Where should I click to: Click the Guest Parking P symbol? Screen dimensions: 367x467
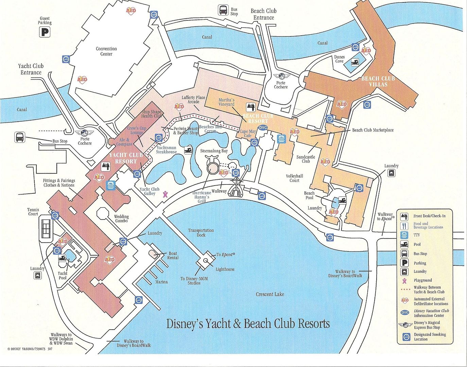tap(45, 32)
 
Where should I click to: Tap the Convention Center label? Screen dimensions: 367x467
tap(106, 51)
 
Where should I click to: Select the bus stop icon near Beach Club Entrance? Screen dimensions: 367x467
tap(223, 10)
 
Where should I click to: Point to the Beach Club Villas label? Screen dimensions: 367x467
tap(378, 81)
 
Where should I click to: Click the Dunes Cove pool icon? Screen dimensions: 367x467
tap(355, 62)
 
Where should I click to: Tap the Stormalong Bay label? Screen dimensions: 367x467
tap(214, 151)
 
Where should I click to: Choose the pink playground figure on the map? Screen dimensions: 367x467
tap(165, 194)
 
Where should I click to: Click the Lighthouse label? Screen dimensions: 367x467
tap(225, 269)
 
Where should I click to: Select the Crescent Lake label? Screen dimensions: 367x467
tap(270, 294)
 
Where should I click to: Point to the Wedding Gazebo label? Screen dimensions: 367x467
tap(121, 219)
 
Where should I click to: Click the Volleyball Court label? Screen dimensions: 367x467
tap(294, 178)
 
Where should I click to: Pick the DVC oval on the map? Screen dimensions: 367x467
tap(263, 128)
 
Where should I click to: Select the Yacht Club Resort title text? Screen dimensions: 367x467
tap(125, 158)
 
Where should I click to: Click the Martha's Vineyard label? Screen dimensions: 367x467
tap(226, 102)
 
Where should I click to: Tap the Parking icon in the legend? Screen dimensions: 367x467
tap(404, 263)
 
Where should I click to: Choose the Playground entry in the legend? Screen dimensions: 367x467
tap(422, 280)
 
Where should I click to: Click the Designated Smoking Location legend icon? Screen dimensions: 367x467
tap(405, 336)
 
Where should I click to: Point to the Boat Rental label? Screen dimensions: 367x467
tap(173, 256)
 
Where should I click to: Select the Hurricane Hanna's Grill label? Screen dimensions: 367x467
tap(202, 197)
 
